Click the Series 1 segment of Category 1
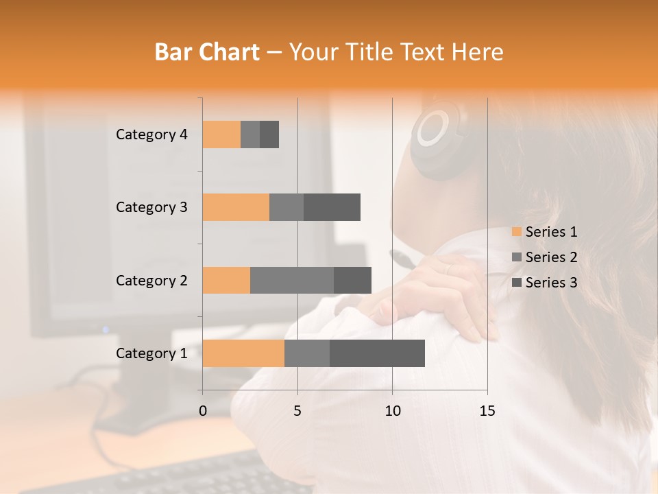[243, 353]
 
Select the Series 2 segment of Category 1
[307, 353]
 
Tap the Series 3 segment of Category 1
[377, 353]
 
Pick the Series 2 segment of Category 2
[292, 280]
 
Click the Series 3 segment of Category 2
[352, 280]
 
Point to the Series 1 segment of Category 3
[236, 207]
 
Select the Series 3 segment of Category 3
[332, 207]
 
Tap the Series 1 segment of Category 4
[221, 134]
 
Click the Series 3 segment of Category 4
[269, 134]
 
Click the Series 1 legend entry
[545, 232]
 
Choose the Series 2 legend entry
[545, 257]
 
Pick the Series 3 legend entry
[545, 283]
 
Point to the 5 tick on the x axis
[297, 411]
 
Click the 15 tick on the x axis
[487, 411]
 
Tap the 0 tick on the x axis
[203, 411]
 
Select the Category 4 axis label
[151, 134]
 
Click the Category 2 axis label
[151, 280]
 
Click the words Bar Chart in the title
[207, 52]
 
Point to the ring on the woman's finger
[449, 269]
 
